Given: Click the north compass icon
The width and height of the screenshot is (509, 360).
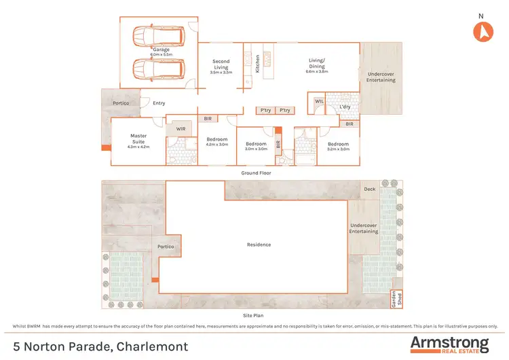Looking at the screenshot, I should coord(483,31).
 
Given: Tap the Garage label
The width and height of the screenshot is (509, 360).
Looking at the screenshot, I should coord(161,50).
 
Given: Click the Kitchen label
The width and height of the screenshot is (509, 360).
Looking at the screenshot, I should coord(257,64).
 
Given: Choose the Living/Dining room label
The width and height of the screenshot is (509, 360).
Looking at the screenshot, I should coord(316,64).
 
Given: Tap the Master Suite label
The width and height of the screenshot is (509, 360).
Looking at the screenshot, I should coord(138,139).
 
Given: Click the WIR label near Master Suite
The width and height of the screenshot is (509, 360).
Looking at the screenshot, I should coord(181,128).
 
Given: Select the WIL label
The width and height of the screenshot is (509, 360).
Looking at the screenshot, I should coord(318,102).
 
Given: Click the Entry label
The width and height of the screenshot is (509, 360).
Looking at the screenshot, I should coord(159,103).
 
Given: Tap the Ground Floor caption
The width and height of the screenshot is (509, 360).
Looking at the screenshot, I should coord(256,173).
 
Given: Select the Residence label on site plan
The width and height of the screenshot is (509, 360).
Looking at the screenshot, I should coord(259,245).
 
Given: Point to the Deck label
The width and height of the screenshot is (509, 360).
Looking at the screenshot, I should coord(369,190).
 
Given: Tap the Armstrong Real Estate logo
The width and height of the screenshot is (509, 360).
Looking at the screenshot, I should coord(449,344).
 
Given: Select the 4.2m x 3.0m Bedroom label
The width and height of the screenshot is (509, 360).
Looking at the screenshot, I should coord(217,141).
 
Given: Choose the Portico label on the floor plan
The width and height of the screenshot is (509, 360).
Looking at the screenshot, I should coord(122,103).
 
